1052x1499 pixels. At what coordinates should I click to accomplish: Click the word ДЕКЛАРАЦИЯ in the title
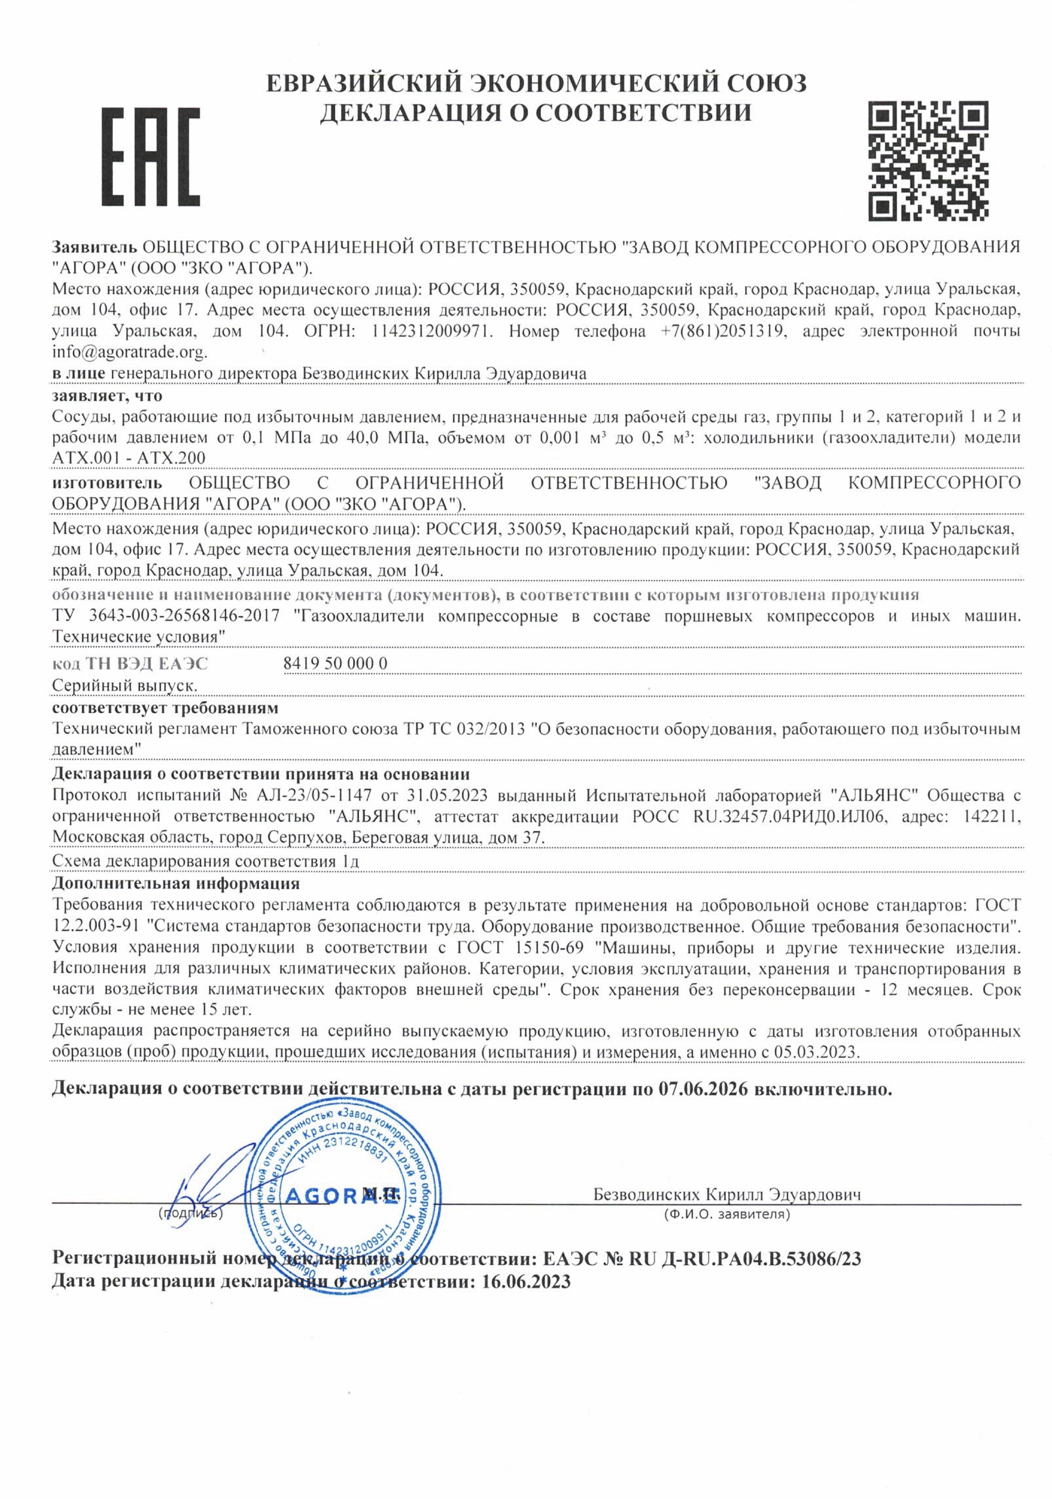pos(408,112)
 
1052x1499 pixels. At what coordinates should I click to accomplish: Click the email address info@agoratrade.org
pos(129,352)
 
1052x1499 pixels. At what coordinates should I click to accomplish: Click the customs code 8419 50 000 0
pos(336,664)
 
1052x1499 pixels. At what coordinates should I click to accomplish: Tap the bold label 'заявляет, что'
pos(107,396)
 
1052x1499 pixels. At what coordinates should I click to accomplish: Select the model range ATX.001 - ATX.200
pos(129,458)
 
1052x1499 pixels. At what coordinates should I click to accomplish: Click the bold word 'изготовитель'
pos(107,483)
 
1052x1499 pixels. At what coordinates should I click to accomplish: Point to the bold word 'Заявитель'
pos(95,247)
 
